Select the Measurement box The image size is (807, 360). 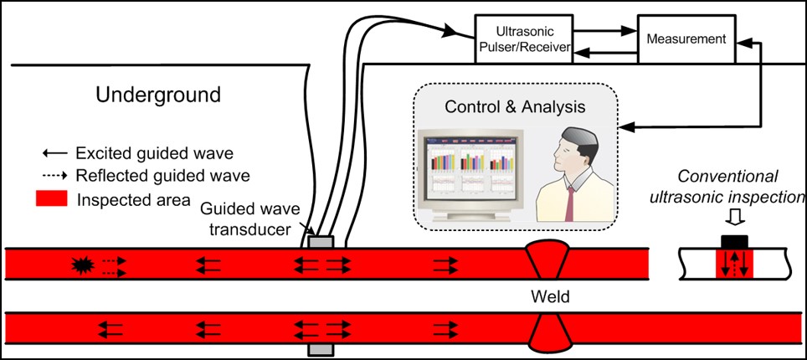(x=686, y=39)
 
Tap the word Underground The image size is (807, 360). (x=158, y=95)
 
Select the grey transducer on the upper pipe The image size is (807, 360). (x=321, y=242)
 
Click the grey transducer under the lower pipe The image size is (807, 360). (x=321, y=347)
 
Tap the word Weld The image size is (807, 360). (x=548, y=296)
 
